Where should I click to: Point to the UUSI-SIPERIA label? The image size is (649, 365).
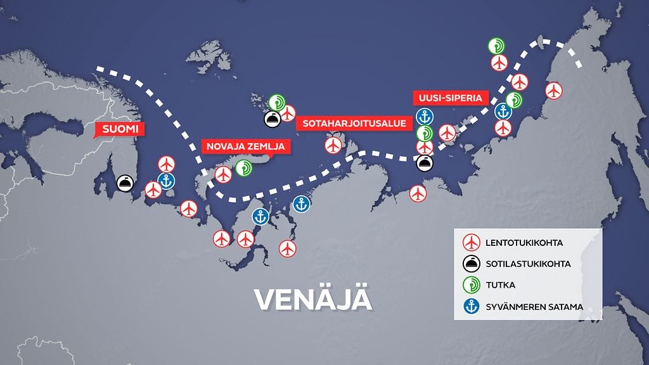451,98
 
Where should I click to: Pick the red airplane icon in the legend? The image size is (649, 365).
470,243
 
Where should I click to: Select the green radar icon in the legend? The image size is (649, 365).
470,285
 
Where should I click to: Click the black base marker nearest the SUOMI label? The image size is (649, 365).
125,184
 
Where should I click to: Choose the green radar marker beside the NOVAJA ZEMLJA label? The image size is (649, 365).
243,168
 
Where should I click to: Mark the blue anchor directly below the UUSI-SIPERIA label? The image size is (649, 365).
425,117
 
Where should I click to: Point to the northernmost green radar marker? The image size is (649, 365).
496,46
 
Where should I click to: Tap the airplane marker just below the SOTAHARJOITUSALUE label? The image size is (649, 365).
333,145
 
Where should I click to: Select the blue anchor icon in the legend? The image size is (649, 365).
470,307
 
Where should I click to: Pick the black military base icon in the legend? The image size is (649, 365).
470,264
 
